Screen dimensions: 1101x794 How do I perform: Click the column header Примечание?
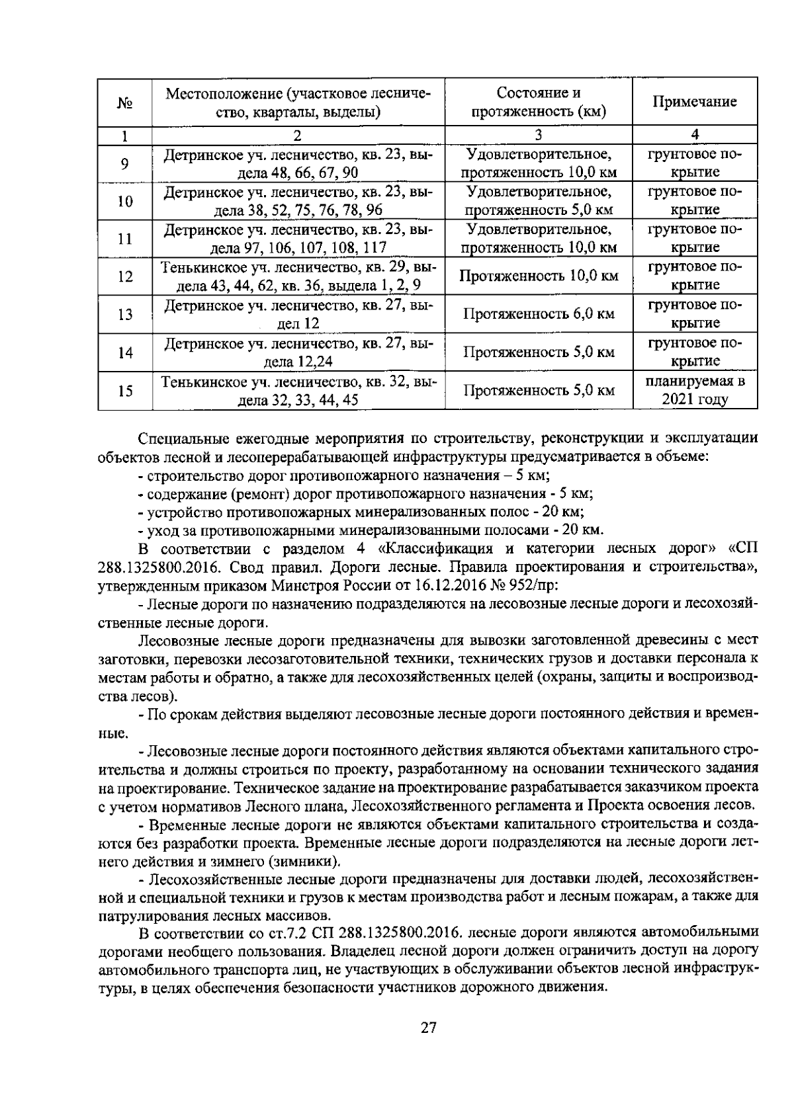pos(695,102)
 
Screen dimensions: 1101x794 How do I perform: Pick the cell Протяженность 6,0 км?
pos(539,314)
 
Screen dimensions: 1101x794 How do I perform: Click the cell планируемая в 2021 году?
pos(695,390)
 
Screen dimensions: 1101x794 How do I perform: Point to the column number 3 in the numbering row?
pos(539,135)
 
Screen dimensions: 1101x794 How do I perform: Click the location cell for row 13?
pos(298,314)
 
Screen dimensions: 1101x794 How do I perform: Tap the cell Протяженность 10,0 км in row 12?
pos(539,276)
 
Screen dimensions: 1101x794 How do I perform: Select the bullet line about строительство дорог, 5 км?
pos(344,475)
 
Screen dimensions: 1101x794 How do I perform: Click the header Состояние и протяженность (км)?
pos(539,102)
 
